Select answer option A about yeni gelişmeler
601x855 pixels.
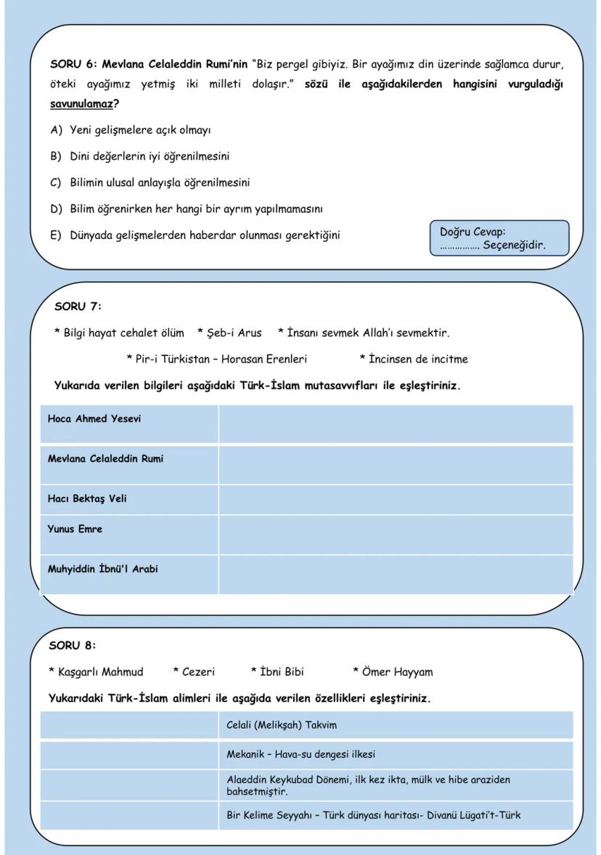point(131,130)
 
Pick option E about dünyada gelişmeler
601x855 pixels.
point(196,235)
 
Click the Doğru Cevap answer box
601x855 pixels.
point(499,239)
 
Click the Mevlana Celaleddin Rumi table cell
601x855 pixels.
point(101,459)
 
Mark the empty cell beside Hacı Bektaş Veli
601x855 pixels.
point(396,499)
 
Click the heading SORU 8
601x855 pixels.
point(73,644)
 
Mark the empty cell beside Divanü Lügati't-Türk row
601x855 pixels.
point(129,815)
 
